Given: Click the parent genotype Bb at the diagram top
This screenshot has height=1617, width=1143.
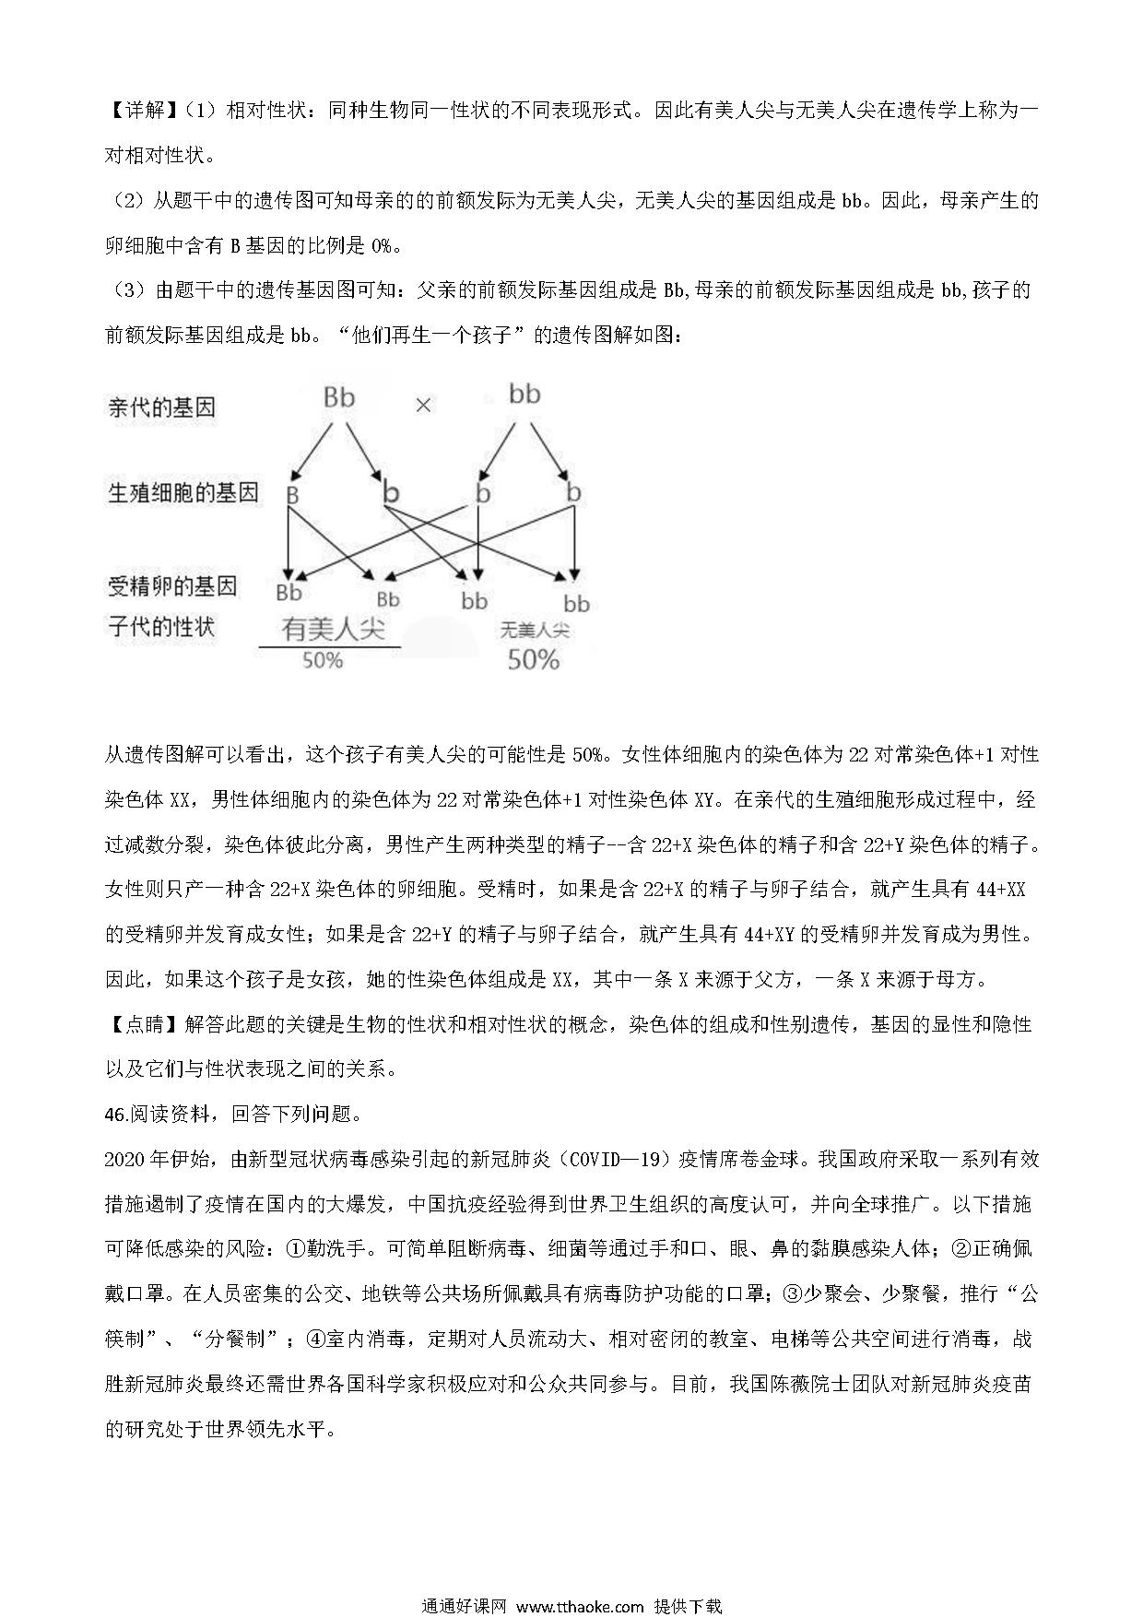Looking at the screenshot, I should tap(339, 397).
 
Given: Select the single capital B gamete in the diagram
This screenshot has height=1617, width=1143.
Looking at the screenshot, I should tap(292, 495).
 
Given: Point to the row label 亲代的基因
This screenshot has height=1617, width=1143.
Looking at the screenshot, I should tap(162, 407).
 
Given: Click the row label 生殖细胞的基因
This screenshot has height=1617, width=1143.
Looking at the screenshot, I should tap(183, 493).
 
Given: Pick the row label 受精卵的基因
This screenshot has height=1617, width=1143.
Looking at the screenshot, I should tap(172, 585).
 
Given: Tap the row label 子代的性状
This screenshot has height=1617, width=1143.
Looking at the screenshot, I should tap(161, 627).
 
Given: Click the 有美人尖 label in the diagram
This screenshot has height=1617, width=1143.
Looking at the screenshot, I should tap(333, 629).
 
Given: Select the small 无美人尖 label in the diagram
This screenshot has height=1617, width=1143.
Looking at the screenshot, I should tap(535, 631).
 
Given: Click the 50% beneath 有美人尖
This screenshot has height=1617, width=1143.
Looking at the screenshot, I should tap(323, 661).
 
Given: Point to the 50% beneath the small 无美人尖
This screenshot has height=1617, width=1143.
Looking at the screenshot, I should tap(534, 660).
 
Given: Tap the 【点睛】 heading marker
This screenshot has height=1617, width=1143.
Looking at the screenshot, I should tap(137, 1024).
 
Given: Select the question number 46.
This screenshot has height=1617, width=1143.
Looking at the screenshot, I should tap(117, 1114).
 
